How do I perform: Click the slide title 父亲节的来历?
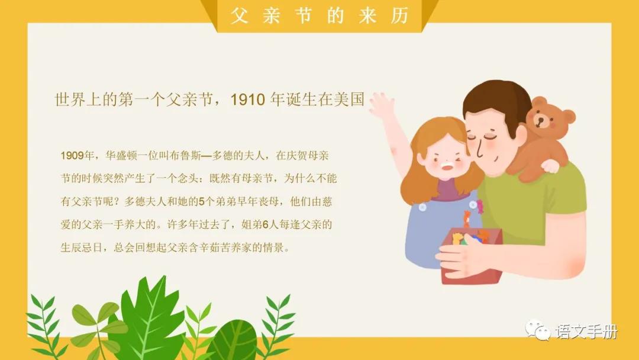coord(319,16)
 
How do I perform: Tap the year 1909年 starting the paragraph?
coord(78,156)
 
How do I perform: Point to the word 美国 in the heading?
coord(349,99)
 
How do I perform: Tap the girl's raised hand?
coord(382,106)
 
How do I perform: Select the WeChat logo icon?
coord(538,330)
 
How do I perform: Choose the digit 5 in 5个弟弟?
coord(201,202)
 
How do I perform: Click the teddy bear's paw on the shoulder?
coord(550,166)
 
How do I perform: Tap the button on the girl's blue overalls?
coord(422,207)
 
